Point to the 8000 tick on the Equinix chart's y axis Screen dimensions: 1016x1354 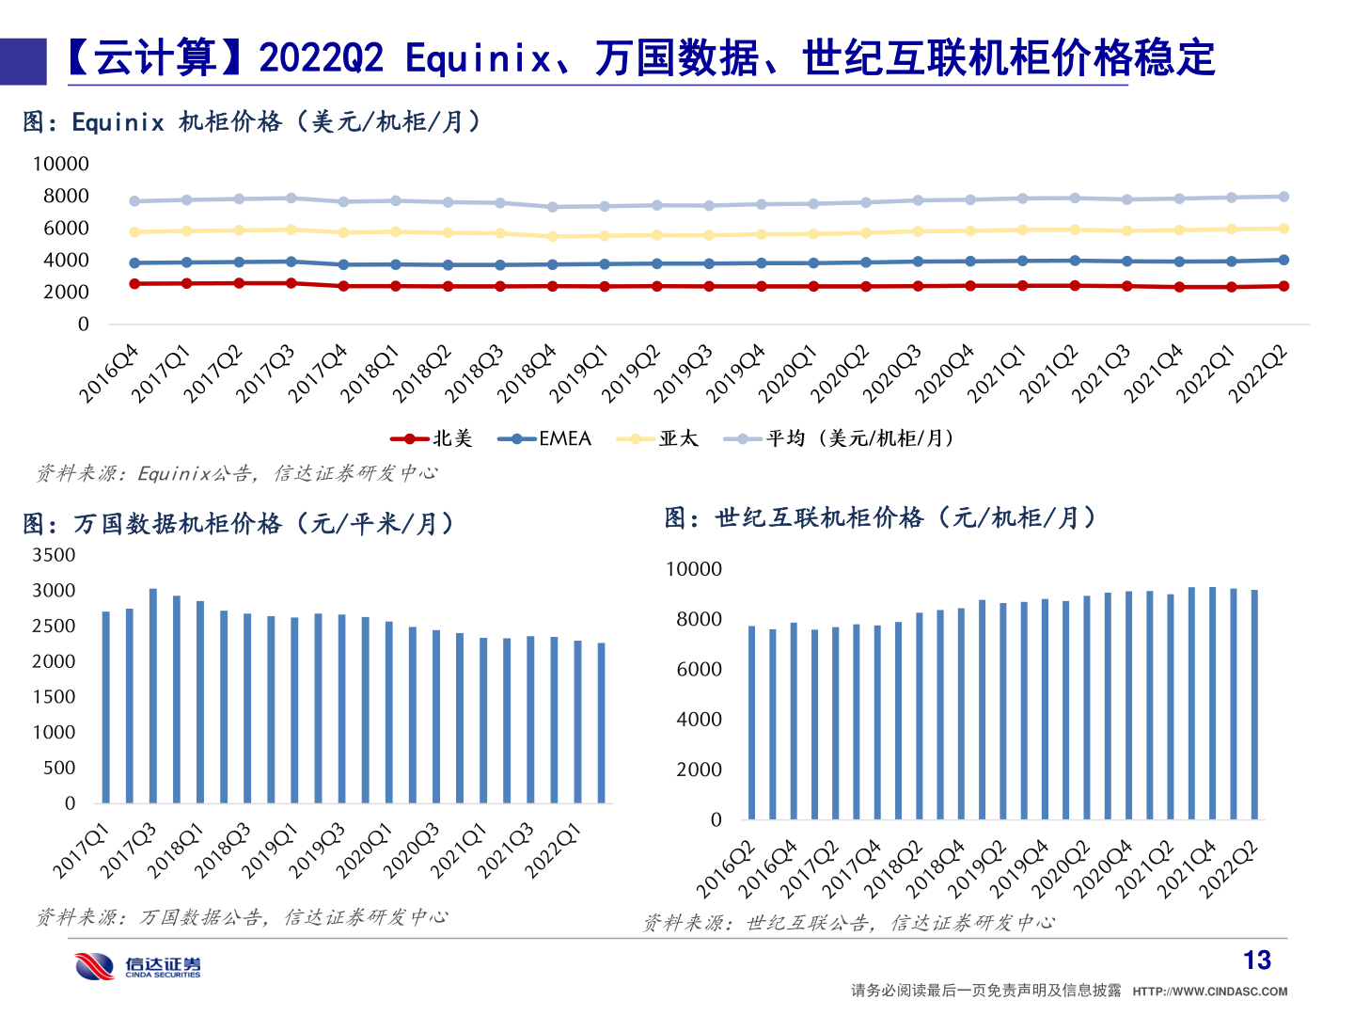(66, 196)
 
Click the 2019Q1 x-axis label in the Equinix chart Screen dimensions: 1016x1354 (580, 373)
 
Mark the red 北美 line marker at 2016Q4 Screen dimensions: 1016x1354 (134, 283)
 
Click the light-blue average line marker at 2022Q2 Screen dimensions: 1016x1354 (1283, 197)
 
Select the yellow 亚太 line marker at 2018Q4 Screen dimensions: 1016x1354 (553, 236)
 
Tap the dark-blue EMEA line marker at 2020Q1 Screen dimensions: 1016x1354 (813, 263)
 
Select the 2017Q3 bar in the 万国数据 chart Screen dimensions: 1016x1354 (153, 696)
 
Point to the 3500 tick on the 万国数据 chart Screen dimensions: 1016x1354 (55, 555)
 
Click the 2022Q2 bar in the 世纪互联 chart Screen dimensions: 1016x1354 (1254, 705)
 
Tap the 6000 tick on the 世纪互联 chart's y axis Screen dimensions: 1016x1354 (700, 669)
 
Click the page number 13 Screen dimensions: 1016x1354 (1256, 960)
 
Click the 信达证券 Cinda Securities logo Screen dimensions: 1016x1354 (138, 966)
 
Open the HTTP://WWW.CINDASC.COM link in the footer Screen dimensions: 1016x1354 (1209, 991)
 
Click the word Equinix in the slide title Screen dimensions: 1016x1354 (478, 58)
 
